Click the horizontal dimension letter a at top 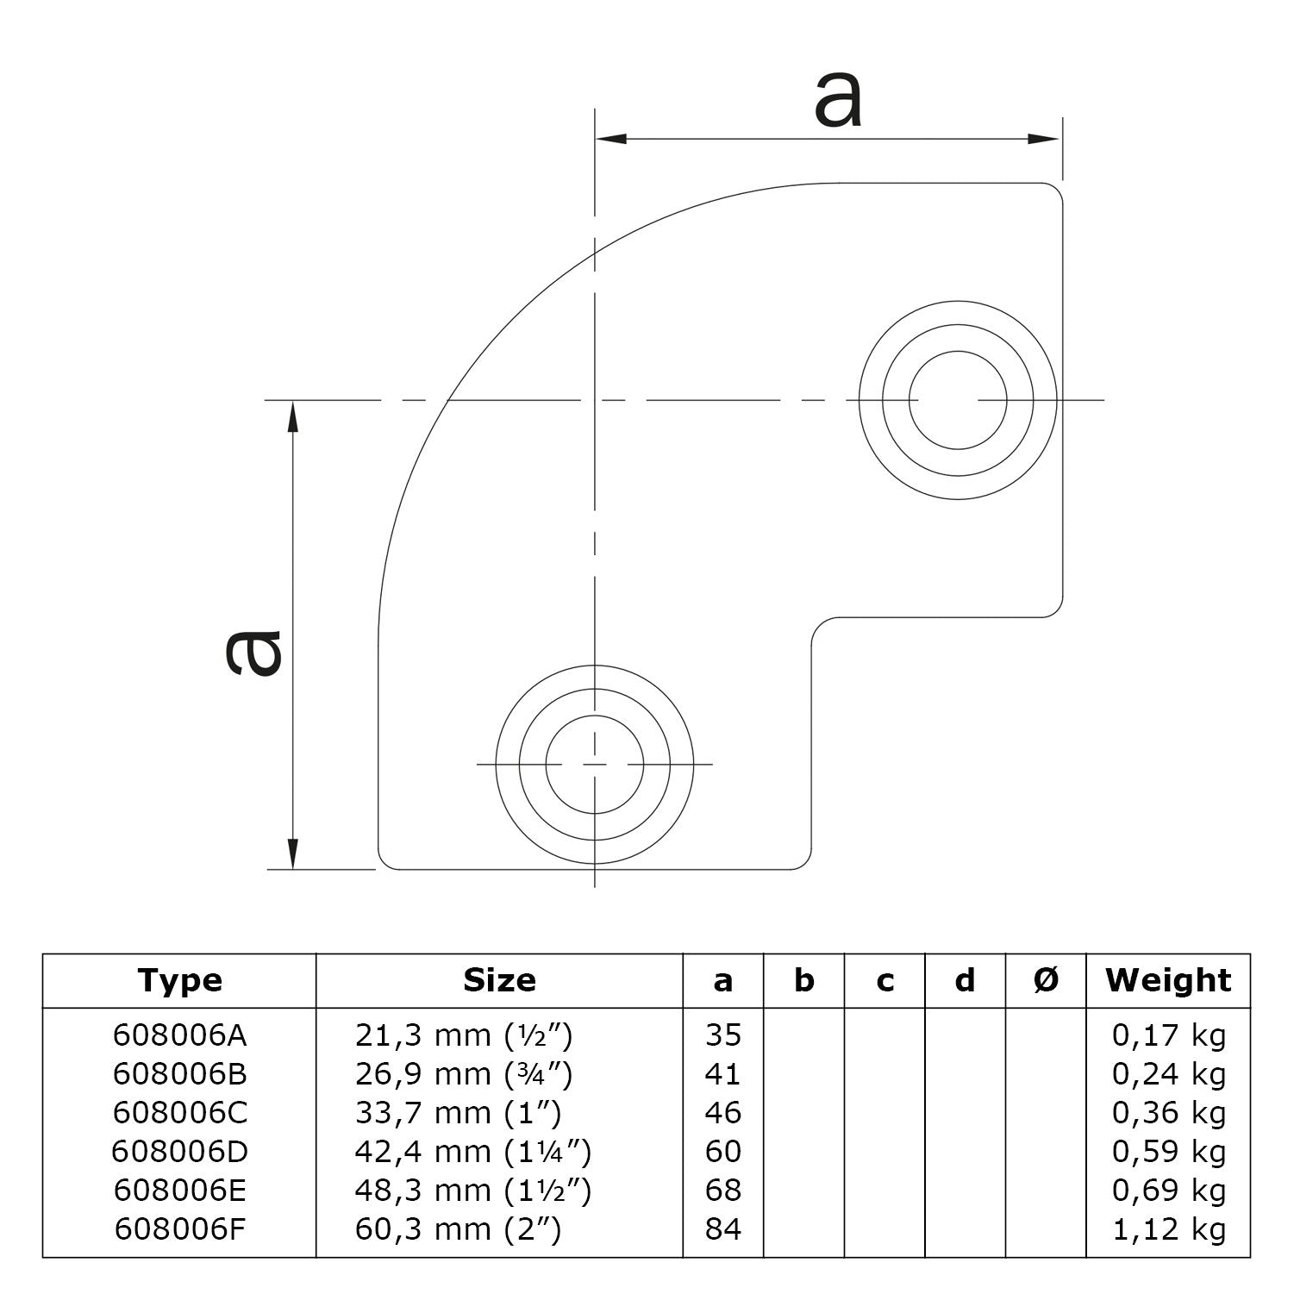tap(837, 101)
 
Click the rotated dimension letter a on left tap(253, 651)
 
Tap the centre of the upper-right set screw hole tap(957, 400)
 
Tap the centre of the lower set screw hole tap(594, 765)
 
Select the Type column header tap(179, 980)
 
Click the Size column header tap(499, 980)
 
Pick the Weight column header tap(1168, 980)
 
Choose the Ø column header tap(1046, 980)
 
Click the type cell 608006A tap(179, 1035)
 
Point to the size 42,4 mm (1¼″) tap(473, 1151)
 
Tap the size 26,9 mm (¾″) tap(464, 1073)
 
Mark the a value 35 tap(722, 1035)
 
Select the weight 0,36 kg tap(1168, 1112)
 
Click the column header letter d tap(966, 980)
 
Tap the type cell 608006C tap(179, 1112)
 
